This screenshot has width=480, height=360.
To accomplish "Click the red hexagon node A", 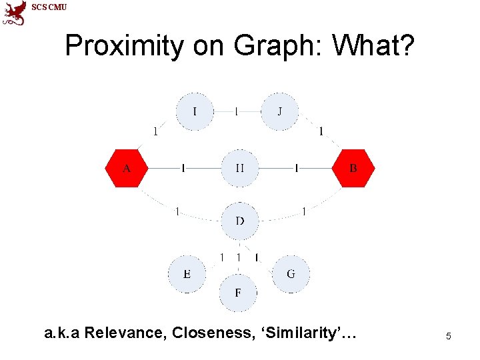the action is [127, 169].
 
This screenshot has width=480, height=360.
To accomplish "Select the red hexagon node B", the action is [353, 169].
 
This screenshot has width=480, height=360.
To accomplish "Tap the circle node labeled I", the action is [195, 111].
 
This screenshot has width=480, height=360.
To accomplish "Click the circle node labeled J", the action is [279, 111].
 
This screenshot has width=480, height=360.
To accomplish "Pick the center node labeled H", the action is [239, 169].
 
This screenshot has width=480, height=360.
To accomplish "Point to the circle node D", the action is [239, 220].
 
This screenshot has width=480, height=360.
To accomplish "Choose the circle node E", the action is [187, 274].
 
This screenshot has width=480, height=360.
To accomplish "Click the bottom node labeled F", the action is [238, 293].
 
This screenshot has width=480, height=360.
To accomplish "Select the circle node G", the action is [291, 274].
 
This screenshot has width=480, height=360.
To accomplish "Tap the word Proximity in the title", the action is [125, 46].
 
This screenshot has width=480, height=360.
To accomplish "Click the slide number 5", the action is [449, 337].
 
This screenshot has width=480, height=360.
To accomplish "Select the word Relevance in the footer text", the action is [126, 333].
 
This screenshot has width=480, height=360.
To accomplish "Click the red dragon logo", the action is [14, 13].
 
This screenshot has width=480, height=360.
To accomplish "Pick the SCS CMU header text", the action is [49, 7].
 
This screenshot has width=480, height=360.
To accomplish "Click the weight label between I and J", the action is [236, 111].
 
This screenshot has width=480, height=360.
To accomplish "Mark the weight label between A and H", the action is [183, 169].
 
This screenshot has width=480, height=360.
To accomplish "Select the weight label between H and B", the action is [296, 169].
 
